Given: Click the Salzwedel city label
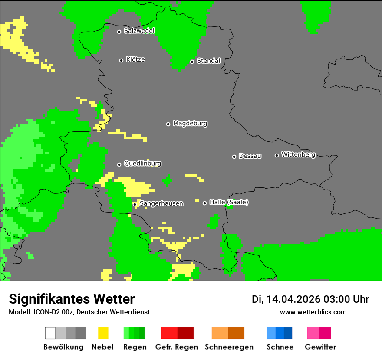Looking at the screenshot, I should click(139, 31).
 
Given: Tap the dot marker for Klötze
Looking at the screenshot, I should click(121, 60).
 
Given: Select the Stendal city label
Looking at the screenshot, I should click(208, 61).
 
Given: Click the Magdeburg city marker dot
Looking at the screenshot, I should click(168, 124).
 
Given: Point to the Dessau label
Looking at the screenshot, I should click(250, 156).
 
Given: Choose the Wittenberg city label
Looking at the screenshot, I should click(298, 154).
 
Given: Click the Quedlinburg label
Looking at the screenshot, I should click(142, 164).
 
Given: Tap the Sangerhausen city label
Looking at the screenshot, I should click(161, 203).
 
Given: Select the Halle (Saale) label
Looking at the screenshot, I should click(229, 202).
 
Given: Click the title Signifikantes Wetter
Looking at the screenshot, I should click(72, 299).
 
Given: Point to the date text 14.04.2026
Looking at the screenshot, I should click(293, 299).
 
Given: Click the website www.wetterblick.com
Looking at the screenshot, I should click(313, 312).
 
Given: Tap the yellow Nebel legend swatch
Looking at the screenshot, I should click(103, 333).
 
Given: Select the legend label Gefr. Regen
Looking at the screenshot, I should click(176, 347).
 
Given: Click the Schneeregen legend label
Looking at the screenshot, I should click(228, 347).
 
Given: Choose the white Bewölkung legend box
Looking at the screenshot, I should click(50, 333).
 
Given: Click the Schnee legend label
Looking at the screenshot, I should click(280, 347).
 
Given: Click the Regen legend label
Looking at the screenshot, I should click(134, 347).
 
